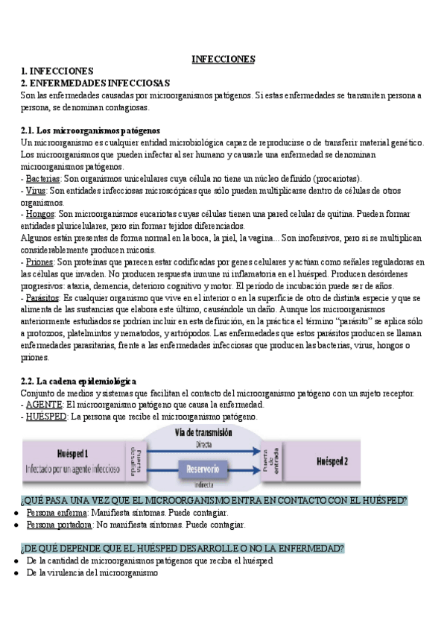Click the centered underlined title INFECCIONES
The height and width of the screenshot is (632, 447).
pyautogui.click(x=223, y=58)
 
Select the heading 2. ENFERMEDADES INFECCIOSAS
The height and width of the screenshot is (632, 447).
pyautogui.click(x=96, y=83)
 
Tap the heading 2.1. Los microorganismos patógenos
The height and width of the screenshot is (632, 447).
pyautogui.click(x=90, y=130)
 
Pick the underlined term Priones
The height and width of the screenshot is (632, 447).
pyautogui.click(x=39, y=262)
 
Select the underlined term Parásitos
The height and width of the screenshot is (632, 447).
pyautogui.click(x=42, y=297)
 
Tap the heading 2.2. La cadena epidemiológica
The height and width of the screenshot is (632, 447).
pyautogui.click(x=79, y=381)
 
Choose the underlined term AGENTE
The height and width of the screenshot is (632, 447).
pyautogui.click(x=44, y=405)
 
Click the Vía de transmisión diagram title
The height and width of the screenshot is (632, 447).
pyautogui.click(x=203, y=432)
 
